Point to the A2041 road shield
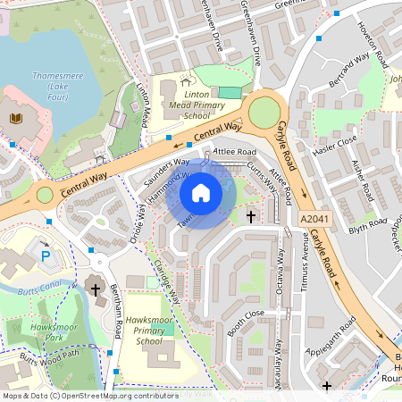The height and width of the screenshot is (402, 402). click(x=314, y=218)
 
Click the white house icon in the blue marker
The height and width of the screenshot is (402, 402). click(x=201, y=193)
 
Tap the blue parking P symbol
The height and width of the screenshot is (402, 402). click(x=46, y=256)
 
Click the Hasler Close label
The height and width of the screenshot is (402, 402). click(x=336, y=141)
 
